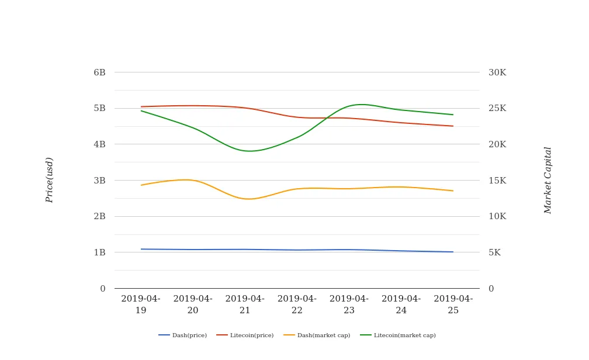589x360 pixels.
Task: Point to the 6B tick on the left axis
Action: pyautogui.click(x=99, y=72)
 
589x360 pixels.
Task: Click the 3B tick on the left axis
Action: pyautogui.click(x=99, y=181)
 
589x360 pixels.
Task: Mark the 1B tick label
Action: pyautogui.click(x=99, y=252)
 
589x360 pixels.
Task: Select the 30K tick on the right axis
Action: pyautogui.click(x=497, y=72)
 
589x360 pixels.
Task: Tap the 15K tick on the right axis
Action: pyautogui.click(x=497, y=181)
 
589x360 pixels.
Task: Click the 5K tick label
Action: pyautogui.click(x=494, y=252)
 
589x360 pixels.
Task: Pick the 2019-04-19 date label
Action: pyautogui.click(x=141, y=304)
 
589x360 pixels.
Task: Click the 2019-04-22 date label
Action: pyautogui.click(x=297, y=304)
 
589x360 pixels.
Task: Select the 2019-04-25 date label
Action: pyautogui.click(x=453, y=304)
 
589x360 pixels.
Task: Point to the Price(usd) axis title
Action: pyautogui.click(x=50, y=180)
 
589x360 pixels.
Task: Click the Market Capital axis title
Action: pyautogui.click(x=548, y=180)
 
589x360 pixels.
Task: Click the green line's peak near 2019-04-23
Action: pyautogui.click(x=361, y=105)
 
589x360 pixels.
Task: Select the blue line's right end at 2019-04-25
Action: pyautogui.click(x=453, y=252)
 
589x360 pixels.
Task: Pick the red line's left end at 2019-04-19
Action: pyautogui.click(x=141, y=107)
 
